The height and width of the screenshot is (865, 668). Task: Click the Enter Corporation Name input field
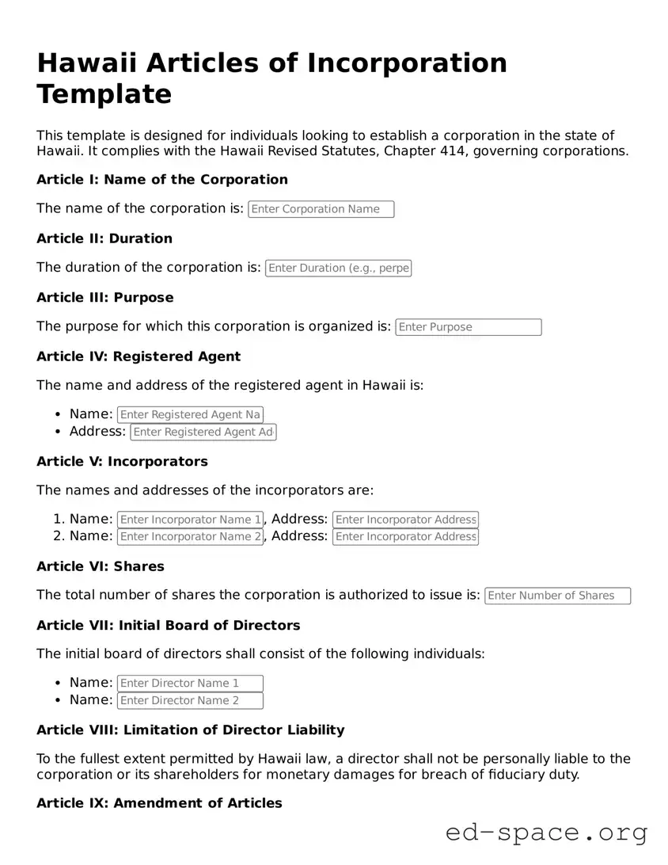click(x=321, y=209)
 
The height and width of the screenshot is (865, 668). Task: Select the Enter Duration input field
click(x=338, y=268)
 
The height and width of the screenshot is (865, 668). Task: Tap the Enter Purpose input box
click(x=468, y=327)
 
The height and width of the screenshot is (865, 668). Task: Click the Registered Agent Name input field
click(x=189, y=414)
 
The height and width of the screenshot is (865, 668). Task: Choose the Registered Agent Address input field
click(x=203, y=432)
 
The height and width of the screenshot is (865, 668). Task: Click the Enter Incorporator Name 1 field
click(x=189, y=520)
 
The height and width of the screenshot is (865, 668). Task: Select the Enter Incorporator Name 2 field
click(x=189, y=536)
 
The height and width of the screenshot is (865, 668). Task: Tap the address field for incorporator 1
click(x=405, y=520)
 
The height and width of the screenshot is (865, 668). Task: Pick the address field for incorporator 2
click(x=405, y=536)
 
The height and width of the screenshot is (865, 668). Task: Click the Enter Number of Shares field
click(x=557, y=596)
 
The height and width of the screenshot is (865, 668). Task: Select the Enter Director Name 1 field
click(x=189, y=683)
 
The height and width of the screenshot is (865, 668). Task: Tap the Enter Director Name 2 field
click(x=189, y=700)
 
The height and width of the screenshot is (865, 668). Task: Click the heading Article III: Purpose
click(x=104, y=298)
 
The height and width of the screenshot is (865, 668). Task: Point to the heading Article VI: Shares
click(x=100, y=566)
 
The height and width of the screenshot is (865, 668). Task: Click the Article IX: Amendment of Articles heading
click(x=159, y=803)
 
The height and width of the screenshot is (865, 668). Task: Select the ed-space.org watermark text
click(x=546, y=833)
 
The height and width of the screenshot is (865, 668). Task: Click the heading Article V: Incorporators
click(x=122, y=461)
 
